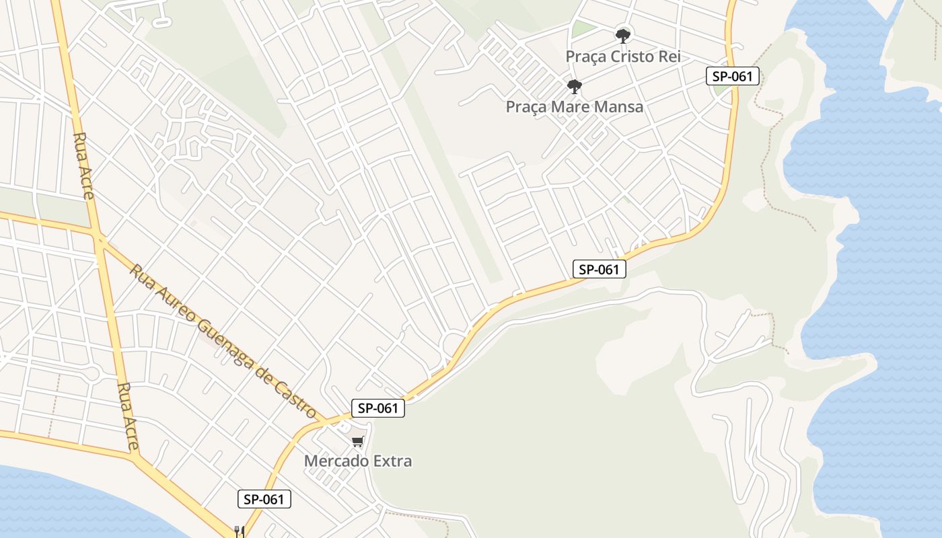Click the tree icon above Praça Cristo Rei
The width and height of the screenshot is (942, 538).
[623, 35]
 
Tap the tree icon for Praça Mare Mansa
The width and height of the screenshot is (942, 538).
[574, 86]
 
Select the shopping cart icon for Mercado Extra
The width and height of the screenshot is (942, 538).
[358, 442]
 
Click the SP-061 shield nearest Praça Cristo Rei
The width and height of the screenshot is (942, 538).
[733, 76]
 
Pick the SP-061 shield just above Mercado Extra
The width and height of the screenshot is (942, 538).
[378, 408]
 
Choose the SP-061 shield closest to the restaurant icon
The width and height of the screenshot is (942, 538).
[264, 499]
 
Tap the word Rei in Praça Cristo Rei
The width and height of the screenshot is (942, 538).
[670, 56]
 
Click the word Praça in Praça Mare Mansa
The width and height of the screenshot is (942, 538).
[525, 107]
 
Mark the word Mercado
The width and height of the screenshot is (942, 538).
[334, 461]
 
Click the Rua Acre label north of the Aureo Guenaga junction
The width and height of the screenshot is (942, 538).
[83, 166]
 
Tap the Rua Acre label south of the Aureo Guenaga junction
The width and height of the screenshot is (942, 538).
[128, 417]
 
